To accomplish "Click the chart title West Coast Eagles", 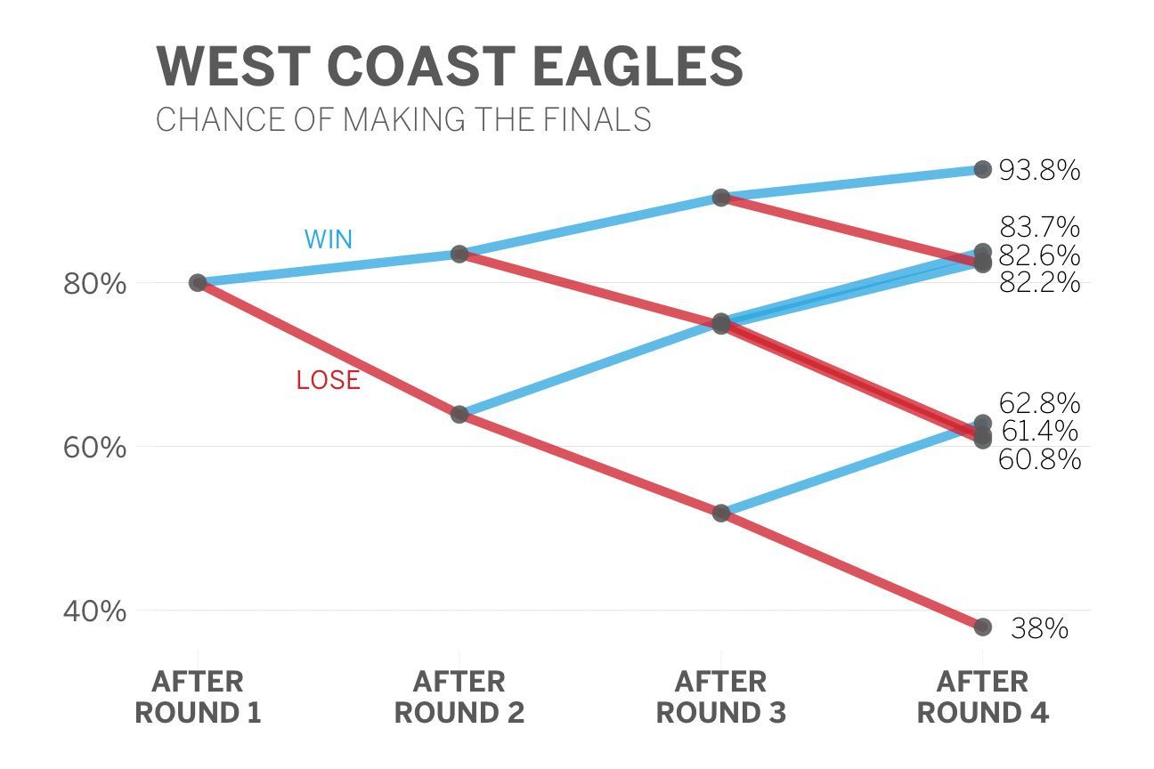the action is tap(450, 67).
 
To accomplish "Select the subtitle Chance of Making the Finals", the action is tap(403, 119).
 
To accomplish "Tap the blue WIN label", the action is tap(329, 239).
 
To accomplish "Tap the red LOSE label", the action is tap(329, 380).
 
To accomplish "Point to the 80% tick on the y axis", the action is tap(94, 283).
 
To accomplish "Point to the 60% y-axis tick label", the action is tap(94, 447).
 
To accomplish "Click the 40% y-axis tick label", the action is tap(94, 611).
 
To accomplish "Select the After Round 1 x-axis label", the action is tap(198, 697).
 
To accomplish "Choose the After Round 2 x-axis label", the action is tap(459, 697).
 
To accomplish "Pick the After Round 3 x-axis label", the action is tap(720, 697).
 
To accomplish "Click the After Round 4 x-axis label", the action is tap(982, 697).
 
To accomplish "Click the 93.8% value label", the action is tap(1040, 170).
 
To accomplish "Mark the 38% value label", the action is tap(1040, 628).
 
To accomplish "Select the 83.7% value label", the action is tap(1040, 227).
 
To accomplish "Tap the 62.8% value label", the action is tap(1040, 403).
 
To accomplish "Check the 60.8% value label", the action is tap(1040, 459).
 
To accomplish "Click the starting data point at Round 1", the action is tap(198, 283).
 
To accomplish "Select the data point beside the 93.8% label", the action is tap(982, 169).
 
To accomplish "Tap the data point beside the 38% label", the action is tap(982, 627).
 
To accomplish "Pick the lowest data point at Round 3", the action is tap(721, 513).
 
